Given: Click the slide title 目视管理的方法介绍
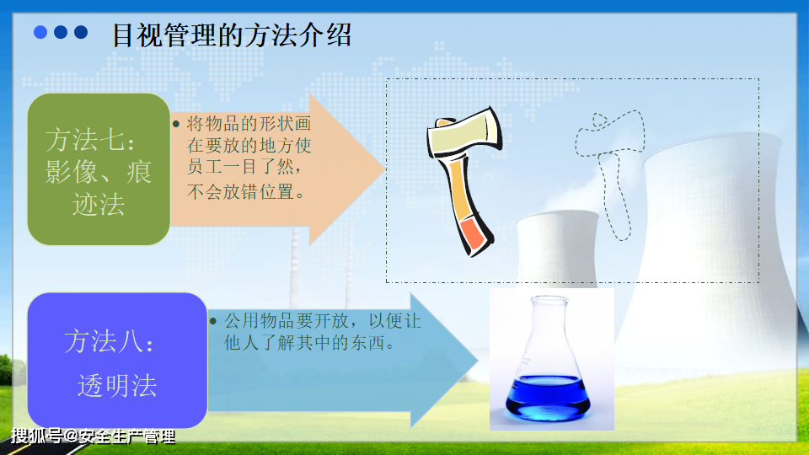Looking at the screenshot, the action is coord(232,35).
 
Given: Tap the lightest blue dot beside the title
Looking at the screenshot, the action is coord(40,33).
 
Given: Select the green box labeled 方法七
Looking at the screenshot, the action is coord(99,169).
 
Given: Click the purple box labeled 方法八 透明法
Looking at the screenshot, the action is coord(117,360).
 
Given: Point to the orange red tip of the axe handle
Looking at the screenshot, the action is coord(473,235).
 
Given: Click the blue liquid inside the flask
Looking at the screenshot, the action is coord(548,397).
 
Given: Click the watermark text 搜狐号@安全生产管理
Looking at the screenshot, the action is coord(94,436).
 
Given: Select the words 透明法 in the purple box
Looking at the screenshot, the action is coord(117,385).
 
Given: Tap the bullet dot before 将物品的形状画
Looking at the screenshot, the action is coord(176,124).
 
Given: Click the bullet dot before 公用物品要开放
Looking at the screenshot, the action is coord(213,321).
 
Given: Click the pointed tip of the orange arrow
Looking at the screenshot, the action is coord(384,169).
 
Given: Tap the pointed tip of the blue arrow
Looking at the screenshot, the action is coord(478,361).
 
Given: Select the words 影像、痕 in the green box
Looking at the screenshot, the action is coord(99,172).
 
